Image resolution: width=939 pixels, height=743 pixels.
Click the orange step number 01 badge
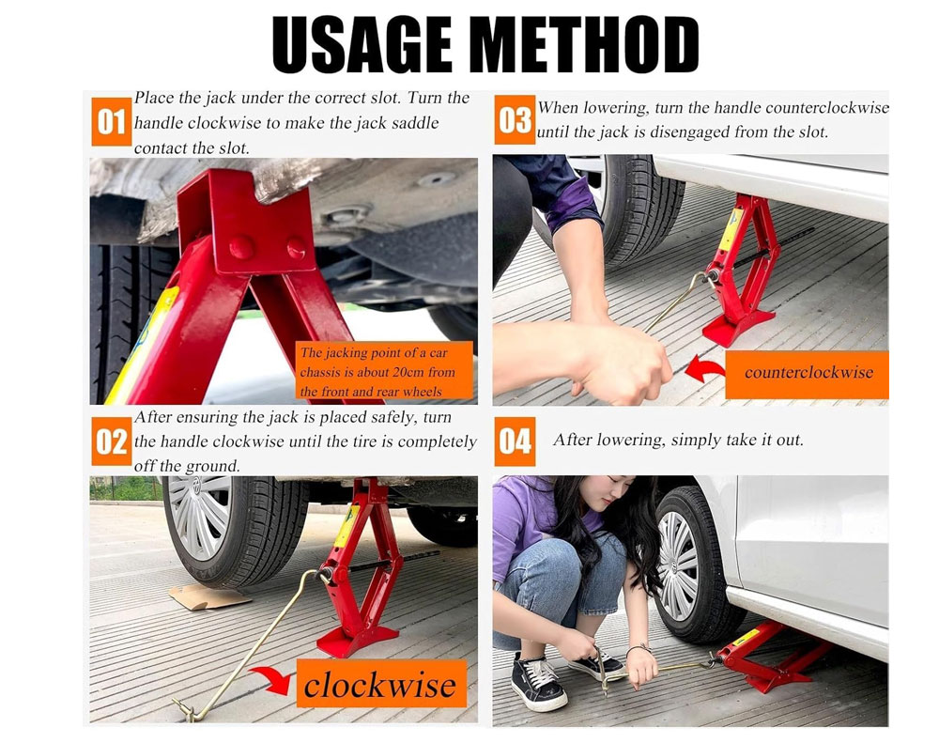click(x=112, y=121)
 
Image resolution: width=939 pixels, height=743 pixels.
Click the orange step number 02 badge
click(x=112, y=441)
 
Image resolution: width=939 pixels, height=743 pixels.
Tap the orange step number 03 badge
click(x=515, y=120)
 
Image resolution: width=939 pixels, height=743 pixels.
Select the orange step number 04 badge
click(x=515, y=441)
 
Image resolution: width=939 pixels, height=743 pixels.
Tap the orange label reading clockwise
click(x=381, y=684)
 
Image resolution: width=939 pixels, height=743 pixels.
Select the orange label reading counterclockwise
click(x=807, y=375)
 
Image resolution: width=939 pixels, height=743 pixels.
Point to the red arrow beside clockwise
click(x=271, y=679)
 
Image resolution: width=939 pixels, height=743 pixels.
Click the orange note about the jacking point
click(x=384, y=370)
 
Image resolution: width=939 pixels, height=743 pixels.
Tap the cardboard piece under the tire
click(x=209, y=596)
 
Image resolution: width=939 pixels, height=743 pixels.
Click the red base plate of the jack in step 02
click(x=357, y=640)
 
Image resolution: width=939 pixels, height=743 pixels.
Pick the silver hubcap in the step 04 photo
click(x=677, y=566)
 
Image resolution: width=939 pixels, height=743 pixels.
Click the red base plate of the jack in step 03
click(x=738, y=327)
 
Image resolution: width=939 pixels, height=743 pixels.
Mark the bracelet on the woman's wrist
click(x=639, y=648)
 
